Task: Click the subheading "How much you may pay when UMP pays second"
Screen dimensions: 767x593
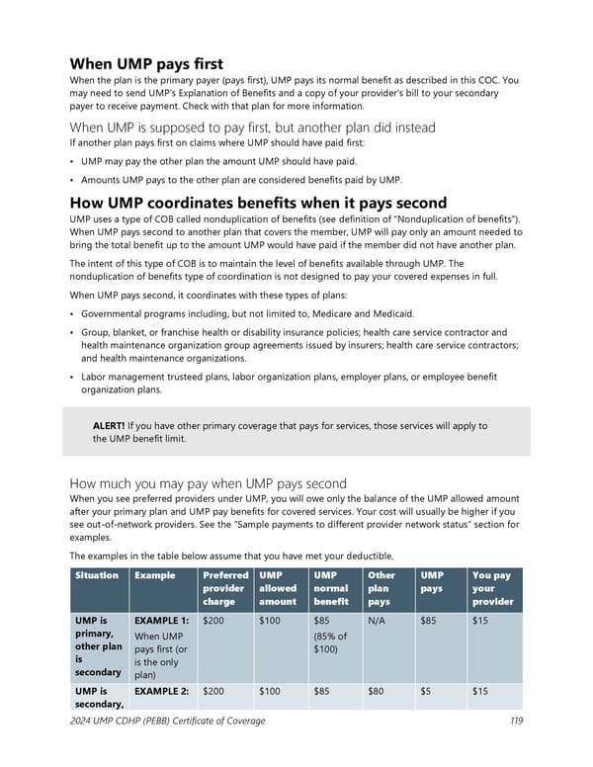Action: point(208,483)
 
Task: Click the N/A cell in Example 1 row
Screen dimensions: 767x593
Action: point(377,621)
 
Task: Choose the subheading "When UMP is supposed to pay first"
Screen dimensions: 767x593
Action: point(253,127)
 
